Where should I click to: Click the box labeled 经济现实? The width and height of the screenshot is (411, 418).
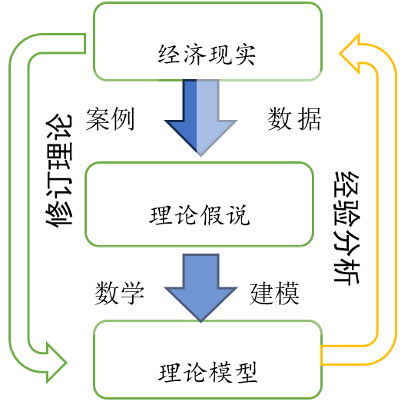pos(206,41)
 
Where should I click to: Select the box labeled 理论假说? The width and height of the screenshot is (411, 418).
pos(200,203)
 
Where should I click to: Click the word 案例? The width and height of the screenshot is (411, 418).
pos(111,119)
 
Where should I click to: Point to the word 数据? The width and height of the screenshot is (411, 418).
pos(294,119)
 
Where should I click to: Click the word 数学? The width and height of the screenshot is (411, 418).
pos(120,294)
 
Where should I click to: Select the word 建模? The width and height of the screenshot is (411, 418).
pos(274,294)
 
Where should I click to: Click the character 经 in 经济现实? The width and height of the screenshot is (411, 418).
pos(169,56)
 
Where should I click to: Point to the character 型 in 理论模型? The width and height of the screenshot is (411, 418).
pos(246,373)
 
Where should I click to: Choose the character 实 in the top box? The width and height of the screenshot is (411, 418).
pos(244,56)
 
